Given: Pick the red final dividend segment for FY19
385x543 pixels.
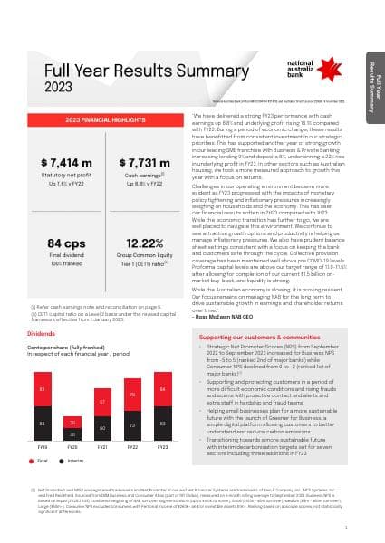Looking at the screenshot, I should [42, 390].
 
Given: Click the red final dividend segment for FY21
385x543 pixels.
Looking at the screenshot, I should [104, 402].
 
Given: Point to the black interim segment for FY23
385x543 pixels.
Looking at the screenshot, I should [162, 424].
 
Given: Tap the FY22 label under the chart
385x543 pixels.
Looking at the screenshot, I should [133, 447].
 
